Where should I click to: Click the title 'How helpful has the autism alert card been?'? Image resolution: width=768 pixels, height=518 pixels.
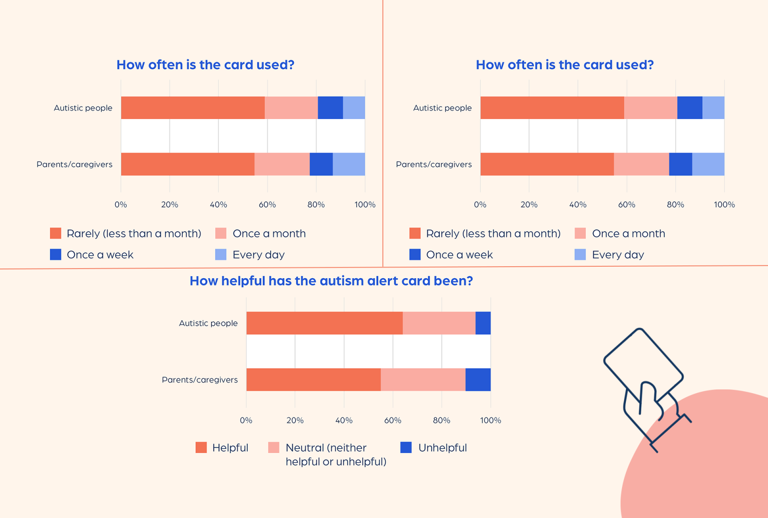[x=331, y=281]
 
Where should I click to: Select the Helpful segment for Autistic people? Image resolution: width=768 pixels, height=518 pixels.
[x=324, y=323]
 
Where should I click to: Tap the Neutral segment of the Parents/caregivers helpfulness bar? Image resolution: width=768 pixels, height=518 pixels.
[x=423, y=379]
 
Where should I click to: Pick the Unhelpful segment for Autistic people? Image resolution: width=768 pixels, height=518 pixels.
[x=483, y=323]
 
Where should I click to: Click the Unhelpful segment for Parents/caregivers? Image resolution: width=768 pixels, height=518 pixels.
[x=478, y=379]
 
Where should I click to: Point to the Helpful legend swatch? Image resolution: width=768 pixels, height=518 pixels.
[x=201, y=447]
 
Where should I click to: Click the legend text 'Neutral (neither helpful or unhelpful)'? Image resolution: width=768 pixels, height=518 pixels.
[x=336, y=454]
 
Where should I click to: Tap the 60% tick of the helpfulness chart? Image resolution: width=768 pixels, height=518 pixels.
[x=393, y=420]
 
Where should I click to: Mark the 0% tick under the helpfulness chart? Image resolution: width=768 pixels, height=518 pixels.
[x=246, y=420]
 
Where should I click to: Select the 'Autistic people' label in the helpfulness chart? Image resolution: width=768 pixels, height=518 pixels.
[x=208, y=323]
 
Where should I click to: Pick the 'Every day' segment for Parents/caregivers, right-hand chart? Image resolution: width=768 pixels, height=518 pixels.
[x=708, y=164]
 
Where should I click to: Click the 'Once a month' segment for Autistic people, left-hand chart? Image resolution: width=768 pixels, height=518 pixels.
[x=291, y=107]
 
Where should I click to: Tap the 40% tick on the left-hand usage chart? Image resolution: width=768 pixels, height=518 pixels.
[x=218, y=204]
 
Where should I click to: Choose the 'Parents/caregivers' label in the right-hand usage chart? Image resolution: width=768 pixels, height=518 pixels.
[x=434, y=165]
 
